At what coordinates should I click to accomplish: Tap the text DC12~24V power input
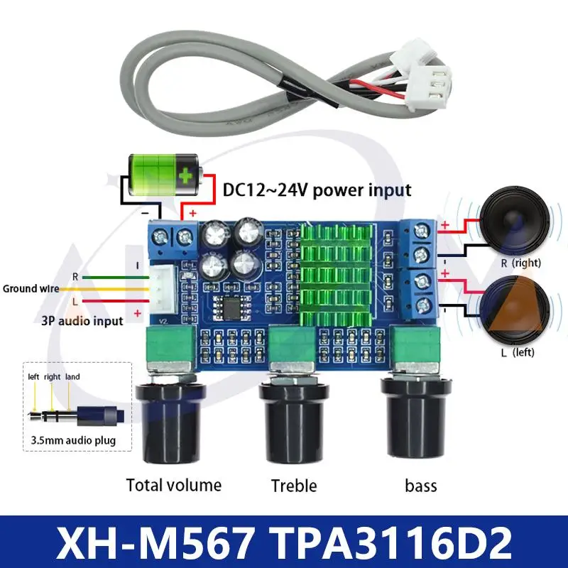[317, 190]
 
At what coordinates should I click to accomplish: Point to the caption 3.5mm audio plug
[73, 441]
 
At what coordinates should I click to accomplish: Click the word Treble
[294, 486]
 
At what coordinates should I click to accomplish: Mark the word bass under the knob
[421, 486]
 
